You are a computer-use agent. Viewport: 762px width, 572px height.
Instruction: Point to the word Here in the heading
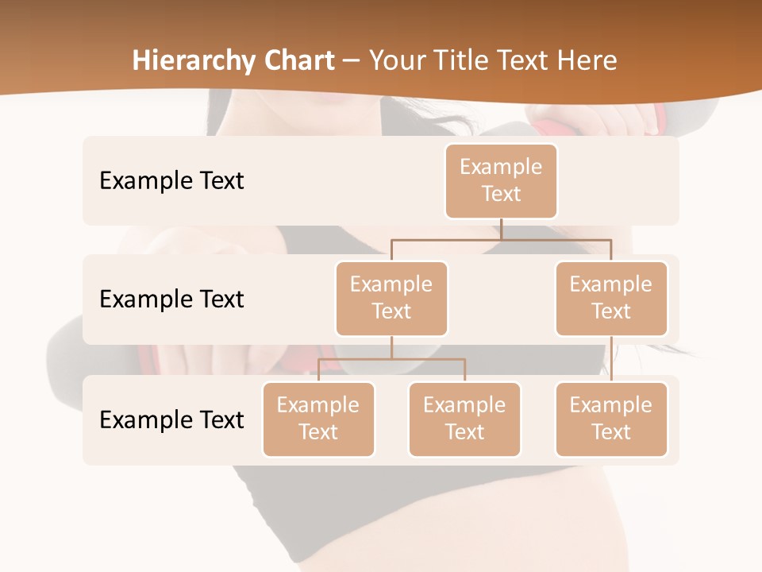coord(587,60)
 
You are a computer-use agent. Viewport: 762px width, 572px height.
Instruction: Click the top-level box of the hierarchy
coord(501,181)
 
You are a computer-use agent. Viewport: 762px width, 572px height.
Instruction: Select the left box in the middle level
coord(391,299)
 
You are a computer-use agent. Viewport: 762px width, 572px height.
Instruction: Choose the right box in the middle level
coord(611,299)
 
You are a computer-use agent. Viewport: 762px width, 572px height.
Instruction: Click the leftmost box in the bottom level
coord(318,419)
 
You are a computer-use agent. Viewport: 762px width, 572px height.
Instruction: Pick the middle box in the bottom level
coord(464,419)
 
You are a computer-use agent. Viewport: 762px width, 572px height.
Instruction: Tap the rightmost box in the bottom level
coord(611,419)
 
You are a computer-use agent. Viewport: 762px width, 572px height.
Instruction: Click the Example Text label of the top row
coord(171,181)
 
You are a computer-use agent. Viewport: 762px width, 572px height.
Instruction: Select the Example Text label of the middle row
coord(171,300)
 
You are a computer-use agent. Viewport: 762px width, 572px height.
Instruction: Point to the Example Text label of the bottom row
coord(171,419)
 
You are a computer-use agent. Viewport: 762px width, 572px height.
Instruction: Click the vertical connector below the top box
coord(501,229)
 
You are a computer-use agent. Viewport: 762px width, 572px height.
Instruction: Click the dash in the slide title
coord(351,60)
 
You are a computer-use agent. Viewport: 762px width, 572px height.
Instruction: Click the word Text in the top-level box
coord(501,194)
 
